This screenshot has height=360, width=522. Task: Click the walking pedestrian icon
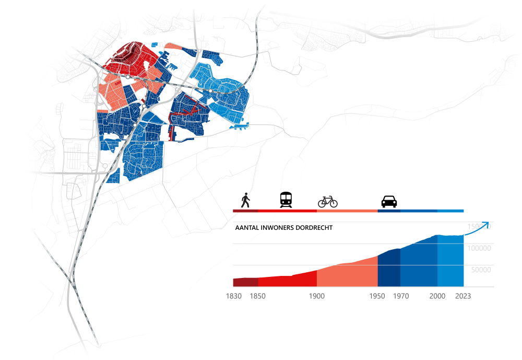(x=245, y=200)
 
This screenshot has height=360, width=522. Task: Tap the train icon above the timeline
(x=286, y=200)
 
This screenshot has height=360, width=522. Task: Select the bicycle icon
(x=328, y=201)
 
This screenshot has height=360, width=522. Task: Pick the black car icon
(x=389, y=201)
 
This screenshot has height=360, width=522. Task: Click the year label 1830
(x=233, y=296)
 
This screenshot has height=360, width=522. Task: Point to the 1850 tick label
(x=257, y=296)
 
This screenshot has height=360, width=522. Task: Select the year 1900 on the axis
(x=317, y=296)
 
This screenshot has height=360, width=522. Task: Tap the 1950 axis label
(x=377, y=296)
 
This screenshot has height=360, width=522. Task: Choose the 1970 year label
(x=401, y=296)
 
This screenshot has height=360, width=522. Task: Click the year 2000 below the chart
(x=437, y=296)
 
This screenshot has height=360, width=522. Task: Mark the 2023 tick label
(x=463, y=296)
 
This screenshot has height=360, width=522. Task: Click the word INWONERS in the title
(x=275, y=228)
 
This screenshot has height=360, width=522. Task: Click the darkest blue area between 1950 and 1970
(x=388, y=269)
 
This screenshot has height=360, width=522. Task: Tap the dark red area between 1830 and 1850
(x=245, y=282)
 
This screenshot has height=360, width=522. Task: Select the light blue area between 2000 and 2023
(x=450, y=261)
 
